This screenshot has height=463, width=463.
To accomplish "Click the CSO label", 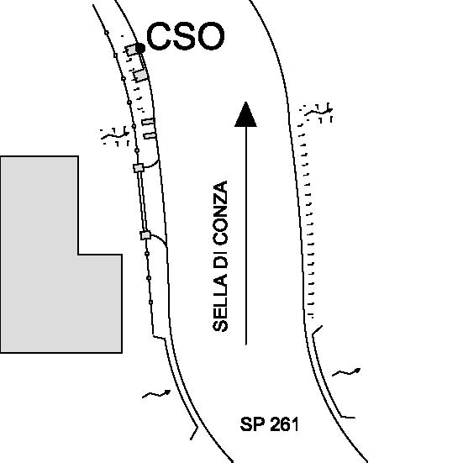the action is tap(186, 36).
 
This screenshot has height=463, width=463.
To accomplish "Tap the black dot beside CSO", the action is tap(140, 48).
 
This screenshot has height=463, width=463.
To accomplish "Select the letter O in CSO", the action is tap(212, 36).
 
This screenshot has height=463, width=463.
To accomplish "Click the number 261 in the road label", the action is tap(284, 424).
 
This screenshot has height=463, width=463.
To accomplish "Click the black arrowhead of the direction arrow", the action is tap(245, 114).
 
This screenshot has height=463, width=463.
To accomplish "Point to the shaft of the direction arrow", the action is tap(246, 235).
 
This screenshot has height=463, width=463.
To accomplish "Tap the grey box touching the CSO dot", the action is tap(131, 50).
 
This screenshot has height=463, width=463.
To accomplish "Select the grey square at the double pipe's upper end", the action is tap(139, 168).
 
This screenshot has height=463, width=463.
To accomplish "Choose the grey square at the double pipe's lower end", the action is tap(145, 235).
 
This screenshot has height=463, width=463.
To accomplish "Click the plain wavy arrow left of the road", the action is tap(156, 394).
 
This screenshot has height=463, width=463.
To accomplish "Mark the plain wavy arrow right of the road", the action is tap(346, 372).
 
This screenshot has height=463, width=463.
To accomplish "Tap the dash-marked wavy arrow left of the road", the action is tap(115, 136).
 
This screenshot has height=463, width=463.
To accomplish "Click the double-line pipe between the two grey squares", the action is tap(142, 202).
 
